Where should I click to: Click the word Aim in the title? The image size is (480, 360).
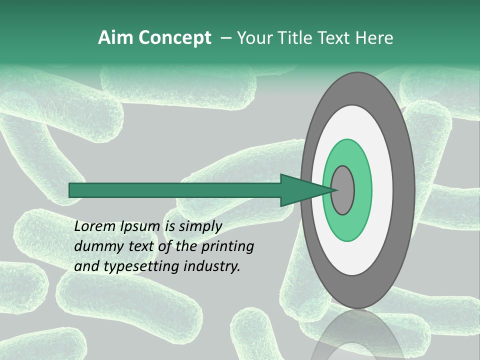coord(115,38)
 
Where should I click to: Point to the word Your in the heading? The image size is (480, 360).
coord(254,38)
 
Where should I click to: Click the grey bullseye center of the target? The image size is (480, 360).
coord(342,190)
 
